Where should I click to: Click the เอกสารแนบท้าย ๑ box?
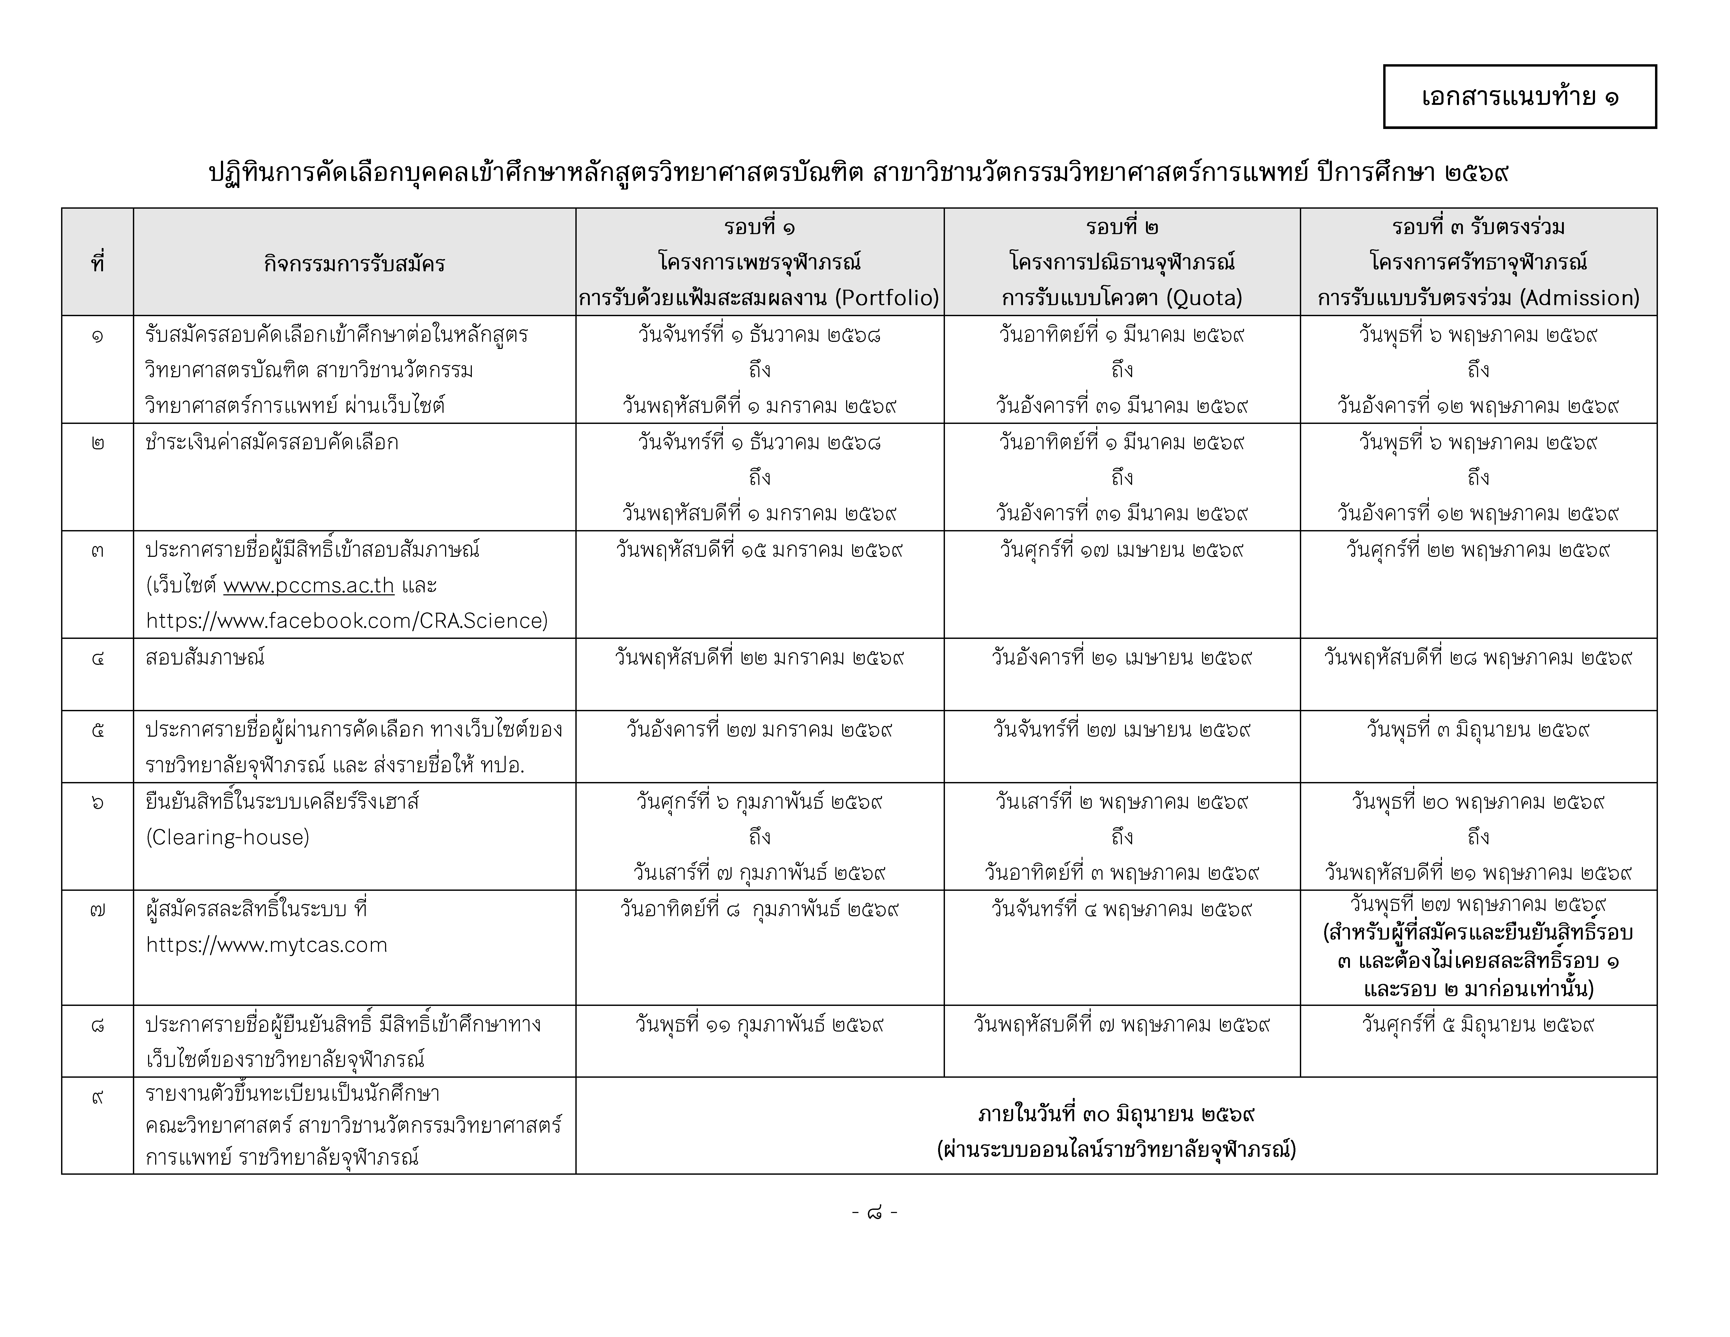click(x=1519, y=97)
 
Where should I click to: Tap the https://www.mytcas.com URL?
click(x=266, y=945)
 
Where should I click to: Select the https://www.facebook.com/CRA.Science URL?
click(x=346, y=620)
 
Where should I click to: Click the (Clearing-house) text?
click(x=227, y=837)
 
